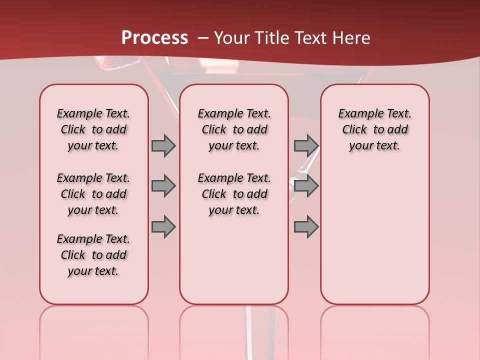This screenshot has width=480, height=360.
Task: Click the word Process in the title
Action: point(154,38)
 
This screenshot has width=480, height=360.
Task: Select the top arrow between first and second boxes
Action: point(163,145)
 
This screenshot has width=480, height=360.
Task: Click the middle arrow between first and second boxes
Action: point(163,186)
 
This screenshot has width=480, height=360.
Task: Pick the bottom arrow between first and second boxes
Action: point(163,227)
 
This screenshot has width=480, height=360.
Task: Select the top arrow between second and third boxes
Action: point(306,145)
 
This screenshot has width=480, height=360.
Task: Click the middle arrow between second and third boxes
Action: point(306,186)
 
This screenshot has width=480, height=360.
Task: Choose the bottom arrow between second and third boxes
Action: point(306,227)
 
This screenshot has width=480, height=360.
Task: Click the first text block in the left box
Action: point(93,129)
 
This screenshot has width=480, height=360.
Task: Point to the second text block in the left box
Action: point(93,194)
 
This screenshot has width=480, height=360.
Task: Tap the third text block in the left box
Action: point(93,255)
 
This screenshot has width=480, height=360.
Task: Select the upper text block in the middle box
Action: point(234,129)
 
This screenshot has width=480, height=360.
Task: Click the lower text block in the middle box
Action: point(234,194)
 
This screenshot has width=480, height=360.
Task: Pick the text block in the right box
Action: point(374,129)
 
